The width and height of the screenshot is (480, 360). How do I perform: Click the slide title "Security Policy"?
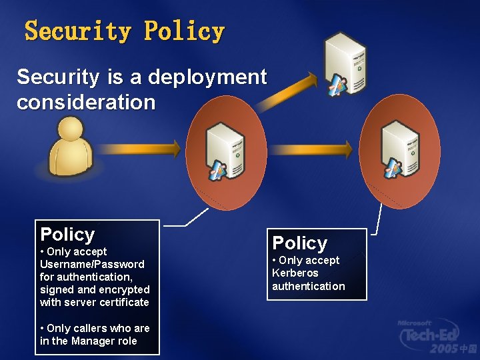125,31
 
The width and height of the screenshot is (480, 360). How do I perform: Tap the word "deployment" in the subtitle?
207,77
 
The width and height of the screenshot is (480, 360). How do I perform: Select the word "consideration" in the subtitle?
86,103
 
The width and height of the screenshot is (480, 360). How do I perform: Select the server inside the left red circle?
226,149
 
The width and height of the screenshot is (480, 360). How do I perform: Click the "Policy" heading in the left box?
67,235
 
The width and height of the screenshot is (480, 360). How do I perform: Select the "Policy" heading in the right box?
300,243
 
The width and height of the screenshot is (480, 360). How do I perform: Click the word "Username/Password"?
92,264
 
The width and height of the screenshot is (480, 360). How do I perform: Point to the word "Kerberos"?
295,273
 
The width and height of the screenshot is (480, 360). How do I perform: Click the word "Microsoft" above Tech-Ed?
414,323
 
